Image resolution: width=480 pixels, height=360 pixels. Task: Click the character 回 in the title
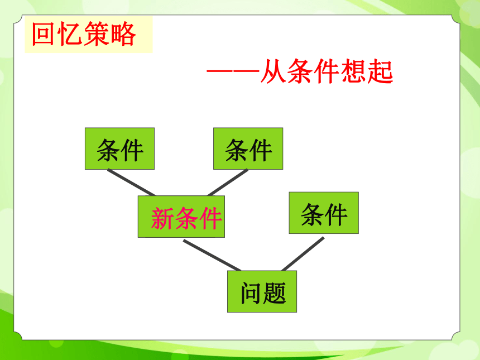tap(43, 34)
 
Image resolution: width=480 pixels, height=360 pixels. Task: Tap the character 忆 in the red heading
tap(70, 34)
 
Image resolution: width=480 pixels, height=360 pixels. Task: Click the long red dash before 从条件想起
tap(233, 71)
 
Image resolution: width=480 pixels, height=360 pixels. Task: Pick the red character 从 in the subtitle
tap(273, 71)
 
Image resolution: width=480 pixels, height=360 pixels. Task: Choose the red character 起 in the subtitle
tap(380, 71)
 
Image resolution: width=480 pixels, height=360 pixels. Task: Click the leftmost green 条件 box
tap(119, 148)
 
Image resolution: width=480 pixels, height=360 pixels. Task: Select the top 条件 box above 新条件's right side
tap(248, 148)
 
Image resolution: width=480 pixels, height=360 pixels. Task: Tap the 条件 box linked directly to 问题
tap(324, 213)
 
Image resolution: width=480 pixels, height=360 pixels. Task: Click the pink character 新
tap(162, 218)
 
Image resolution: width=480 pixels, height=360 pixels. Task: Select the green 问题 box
tap(262, 291)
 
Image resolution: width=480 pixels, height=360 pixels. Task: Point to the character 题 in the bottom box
tap(274, 293)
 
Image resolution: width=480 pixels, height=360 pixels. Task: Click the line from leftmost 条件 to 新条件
tap(131, 183)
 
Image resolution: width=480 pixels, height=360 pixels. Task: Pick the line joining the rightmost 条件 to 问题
tap(303, 254)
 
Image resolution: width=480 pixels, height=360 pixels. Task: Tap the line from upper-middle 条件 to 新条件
tap(228, 183)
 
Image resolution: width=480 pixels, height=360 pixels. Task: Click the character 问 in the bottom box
tap(251, 293)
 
